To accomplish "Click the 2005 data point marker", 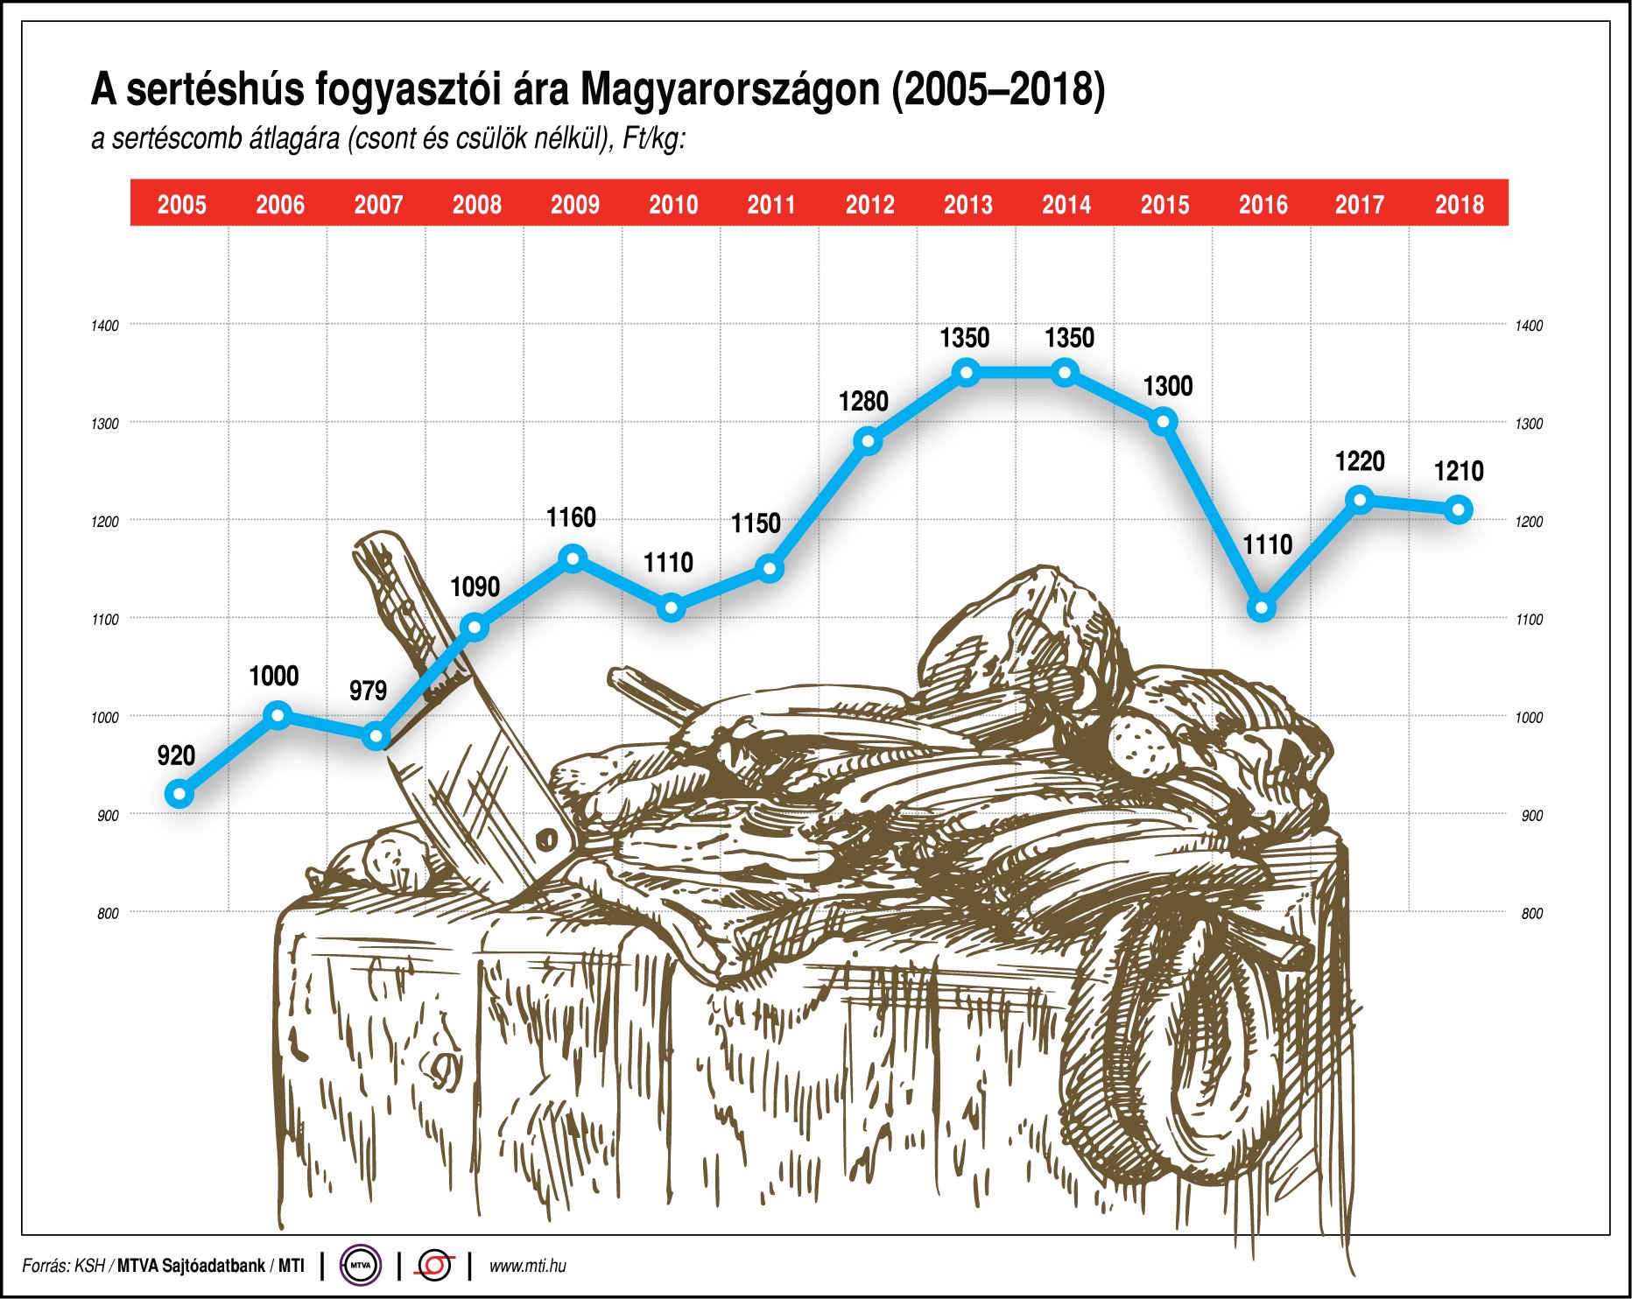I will click(179, 795).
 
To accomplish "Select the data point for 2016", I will click(1262, 607).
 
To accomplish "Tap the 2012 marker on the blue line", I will click(868, 441).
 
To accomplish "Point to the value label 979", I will click(368, 691).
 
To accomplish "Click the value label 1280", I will click(863, 402).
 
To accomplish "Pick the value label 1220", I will click(1360, 461).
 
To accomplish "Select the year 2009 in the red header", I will click(575, 205).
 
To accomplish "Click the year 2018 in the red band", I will click(1460, 205).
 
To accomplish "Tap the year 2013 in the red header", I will click(968, 205).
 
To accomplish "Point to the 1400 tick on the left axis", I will click(105, 326).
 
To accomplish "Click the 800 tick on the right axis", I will click(1532, 914).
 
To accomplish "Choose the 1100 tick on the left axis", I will click(105, 620).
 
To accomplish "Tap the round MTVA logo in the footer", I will click(360, 1265).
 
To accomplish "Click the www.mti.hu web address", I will click(527, 1266).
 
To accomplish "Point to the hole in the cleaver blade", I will click(547, 840).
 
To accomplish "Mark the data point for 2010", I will click(671, 607).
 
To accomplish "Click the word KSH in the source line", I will click(89, 1266).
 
